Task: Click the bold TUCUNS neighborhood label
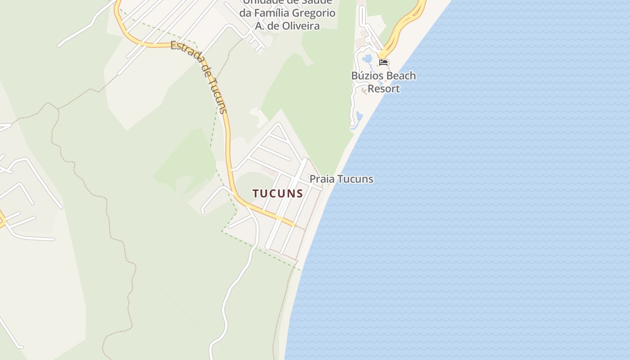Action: coord(277,193)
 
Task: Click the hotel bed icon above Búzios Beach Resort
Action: coord(383,62)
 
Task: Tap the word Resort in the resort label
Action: coord(383,89)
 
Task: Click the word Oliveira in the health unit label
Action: coord(301,26)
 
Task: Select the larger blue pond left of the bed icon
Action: coord(368,58)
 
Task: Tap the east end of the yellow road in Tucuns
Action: coord(294,224)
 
